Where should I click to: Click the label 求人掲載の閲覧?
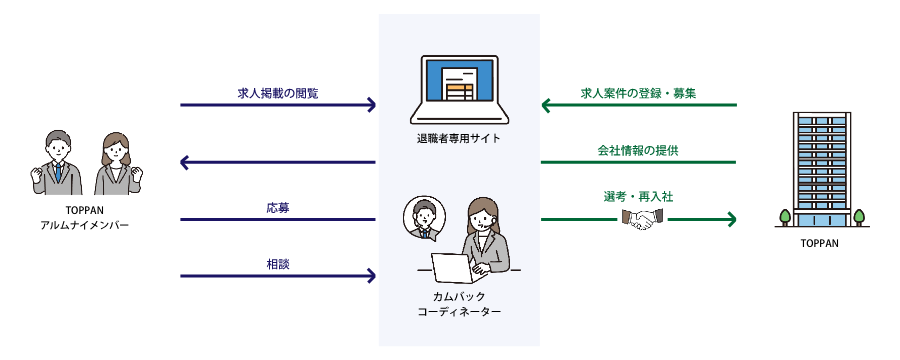coord(278,92)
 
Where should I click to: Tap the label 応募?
coord(278,207)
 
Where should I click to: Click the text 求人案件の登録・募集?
coord(638,92)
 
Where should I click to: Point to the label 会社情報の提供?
coord(638,150)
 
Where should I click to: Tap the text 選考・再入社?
coord(638,198)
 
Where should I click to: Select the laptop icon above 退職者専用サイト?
coord(459,91)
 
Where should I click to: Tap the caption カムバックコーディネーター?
coord(459,304)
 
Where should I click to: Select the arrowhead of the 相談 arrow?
coord(371,275)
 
